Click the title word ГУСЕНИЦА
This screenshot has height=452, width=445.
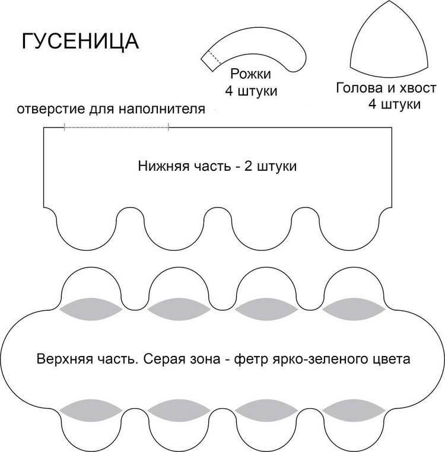80,42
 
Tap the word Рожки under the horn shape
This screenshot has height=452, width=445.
250,74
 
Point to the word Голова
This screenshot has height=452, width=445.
360,88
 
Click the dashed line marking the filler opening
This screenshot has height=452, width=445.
116,127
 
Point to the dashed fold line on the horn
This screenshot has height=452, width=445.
214,57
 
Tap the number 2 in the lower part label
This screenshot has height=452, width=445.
248,166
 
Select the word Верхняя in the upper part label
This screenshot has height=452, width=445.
65,359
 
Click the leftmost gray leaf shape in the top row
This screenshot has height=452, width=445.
91,309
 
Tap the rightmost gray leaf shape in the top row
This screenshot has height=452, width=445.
354,309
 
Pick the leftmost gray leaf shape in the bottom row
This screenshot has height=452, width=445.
91,410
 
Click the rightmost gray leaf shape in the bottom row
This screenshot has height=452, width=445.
354,410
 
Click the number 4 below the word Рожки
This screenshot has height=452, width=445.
229,91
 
